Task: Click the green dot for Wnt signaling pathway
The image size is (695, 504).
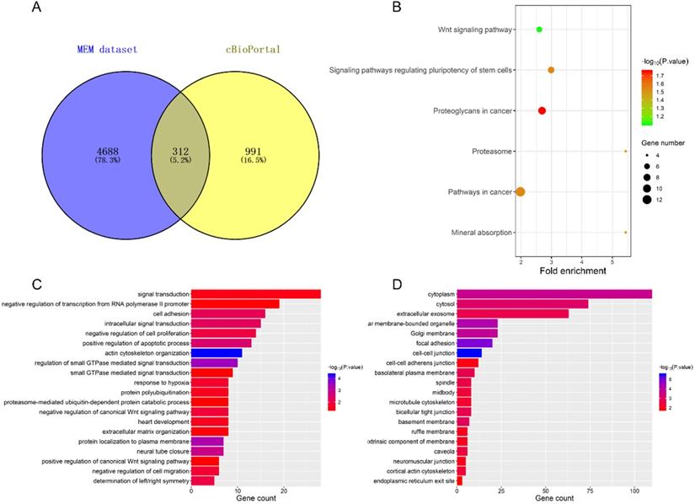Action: click(x=539, y=30)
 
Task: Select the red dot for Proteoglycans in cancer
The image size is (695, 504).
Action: click(x=542, y=111)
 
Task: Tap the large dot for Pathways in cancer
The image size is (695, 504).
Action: click(x=521, y=192)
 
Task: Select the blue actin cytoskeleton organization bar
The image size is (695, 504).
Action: click(x=217, y=353)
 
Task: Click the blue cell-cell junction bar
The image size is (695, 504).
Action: click(x=468, y=353)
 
